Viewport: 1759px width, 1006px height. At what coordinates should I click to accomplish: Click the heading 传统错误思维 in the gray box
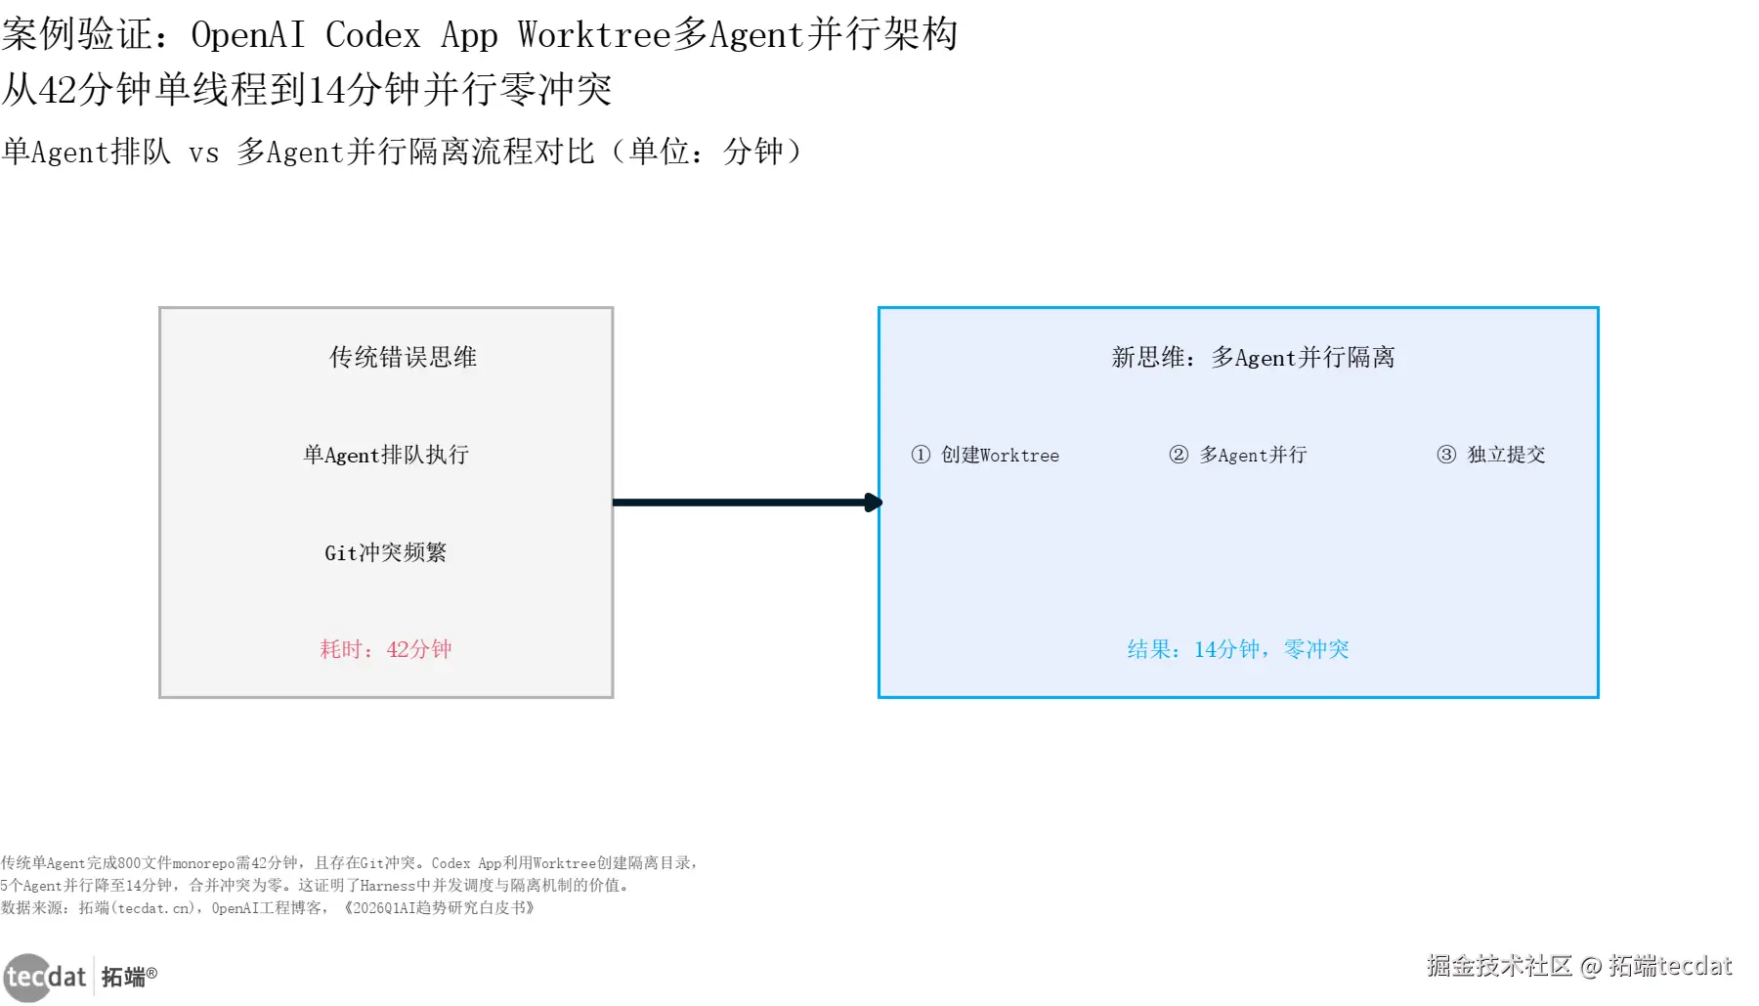coord(403,357)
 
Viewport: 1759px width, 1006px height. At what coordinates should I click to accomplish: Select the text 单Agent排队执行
coord(386,455)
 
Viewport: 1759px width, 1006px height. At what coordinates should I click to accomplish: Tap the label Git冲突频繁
coord(386,552)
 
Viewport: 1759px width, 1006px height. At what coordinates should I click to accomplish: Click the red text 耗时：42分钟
coord(386,649)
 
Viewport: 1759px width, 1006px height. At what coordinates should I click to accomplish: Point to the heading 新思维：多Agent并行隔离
coord(1253,357)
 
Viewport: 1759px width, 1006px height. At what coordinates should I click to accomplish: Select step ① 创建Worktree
coord(985,455)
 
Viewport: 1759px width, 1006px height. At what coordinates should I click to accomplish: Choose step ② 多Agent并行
coord(1238,455)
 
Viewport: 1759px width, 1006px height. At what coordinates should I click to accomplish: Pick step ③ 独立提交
coord(1491,455)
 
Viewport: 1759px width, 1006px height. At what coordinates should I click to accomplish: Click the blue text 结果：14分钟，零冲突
coord(1238,649)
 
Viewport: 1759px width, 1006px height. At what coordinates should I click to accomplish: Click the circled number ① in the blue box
coord(921,455)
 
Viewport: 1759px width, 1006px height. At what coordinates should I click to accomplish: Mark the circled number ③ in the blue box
coord(1446,455)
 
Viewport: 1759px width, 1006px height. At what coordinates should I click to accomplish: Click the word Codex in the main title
coord(372,35)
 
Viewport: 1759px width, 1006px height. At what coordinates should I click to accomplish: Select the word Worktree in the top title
coord(594,35)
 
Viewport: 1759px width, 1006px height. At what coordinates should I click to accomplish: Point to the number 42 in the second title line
coord(58,90)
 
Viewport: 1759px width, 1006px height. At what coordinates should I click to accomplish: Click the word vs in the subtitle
coord(203,153)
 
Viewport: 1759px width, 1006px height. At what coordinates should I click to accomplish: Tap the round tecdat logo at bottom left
coord(27,977)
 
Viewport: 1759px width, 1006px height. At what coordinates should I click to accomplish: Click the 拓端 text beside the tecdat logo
coord(124,977)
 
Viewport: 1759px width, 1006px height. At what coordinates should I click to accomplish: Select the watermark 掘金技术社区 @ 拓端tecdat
coord(1579,966)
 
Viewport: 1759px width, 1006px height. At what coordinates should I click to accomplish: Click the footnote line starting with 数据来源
coord(268,908)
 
